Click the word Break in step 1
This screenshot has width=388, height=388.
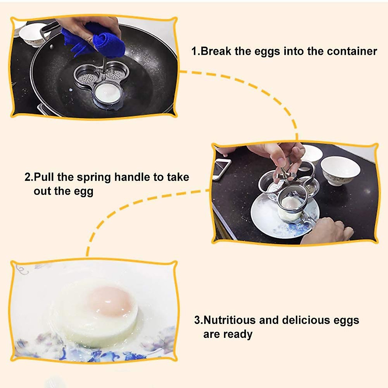tap(216, 51)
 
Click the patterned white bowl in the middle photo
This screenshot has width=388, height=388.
tap(340, 170)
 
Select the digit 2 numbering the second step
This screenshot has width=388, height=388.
tap(28, 178)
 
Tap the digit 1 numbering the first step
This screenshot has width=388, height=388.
tap(194, 51)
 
